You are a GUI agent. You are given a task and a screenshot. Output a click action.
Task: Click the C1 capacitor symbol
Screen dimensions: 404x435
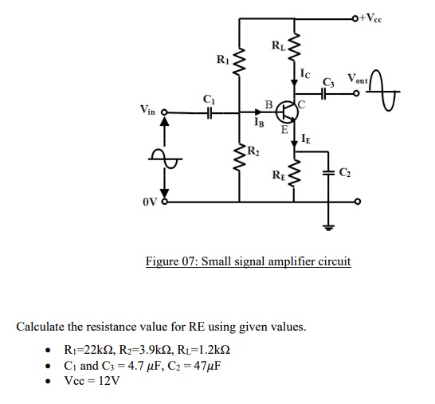point(209,114)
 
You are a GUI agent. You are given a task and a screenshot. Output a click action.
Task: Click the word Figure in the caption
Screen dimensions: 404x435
point(163,261)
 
